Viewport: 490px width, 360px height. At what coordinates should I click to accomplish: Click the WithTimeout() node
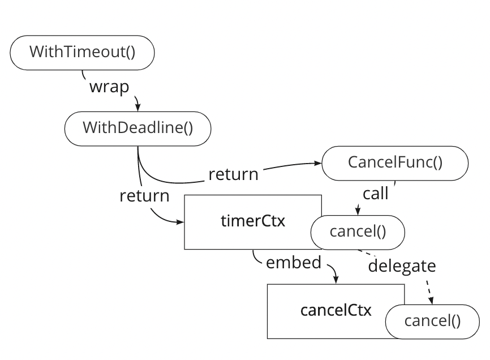pos(82,52)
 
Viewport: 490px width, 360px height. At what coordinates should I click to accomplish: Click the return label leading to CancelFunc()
pos(233,174)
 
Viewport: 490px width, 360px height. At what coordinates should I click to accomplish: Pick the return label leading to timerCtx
pos(144,196)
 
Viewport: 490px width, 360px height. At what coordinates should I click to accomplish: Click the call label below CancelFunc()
pos(376,194)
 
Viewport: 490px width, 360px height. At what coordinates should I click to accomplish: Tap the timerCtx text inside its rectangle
pos(252,221)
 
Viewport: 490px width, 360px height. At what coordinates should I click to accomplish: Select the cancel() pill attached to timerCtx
pos(358,232)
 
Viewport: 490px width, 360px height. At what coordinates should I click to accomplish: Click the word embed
pos(293,263)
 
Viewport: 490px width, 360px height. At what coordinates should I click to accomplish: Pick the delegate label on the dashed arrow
pos(402,265)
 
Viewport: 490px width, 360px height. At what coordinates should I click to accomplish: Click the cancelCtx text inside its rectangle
pos(336,310)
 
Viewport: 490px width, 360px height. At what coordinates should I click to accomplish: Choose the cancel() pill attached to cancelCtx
pos(432,322)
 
